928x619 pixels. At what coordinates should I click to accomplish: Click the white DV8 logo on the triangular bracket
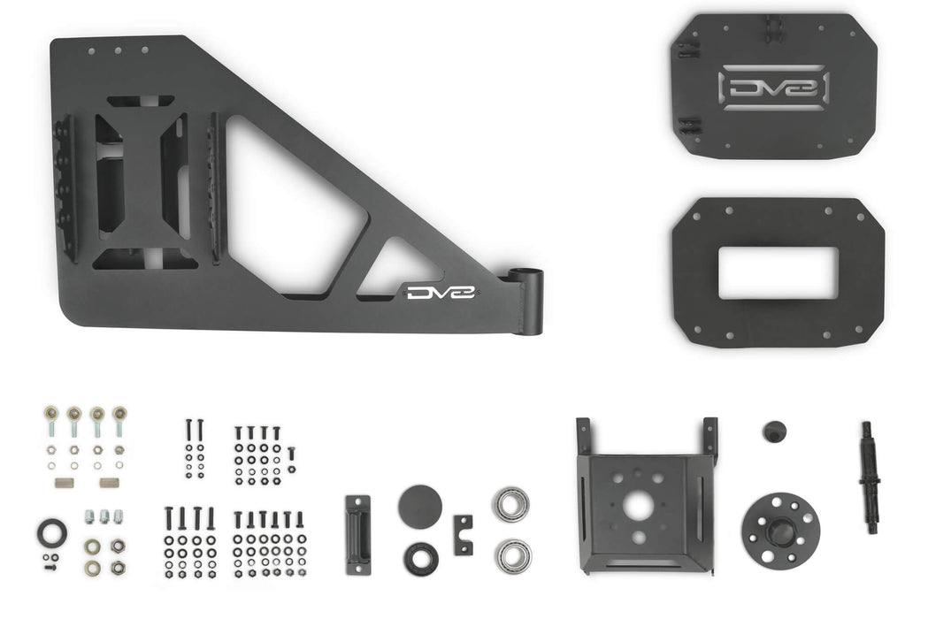441,292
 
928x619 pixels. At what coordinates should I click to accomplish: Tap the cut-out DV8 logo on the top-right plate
775,88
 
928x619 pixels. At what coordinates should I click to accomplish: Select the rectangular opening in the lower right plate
778,273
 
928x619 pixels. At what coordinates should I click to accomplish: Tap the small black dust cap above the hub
776,432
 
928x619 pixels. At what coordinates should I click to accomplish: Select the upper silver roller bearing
511,504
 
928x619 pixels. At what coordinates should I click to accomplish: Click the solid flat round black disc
420,507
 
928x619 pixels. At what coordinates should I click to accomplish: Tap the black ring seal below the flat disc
420,558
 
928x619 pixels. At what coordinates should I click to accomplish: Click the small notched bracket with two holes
463,535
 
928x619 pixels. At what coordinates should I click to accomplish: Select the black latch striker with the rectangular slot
358,534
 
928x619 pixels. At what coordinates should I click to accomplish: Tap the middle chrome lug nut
104,516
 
